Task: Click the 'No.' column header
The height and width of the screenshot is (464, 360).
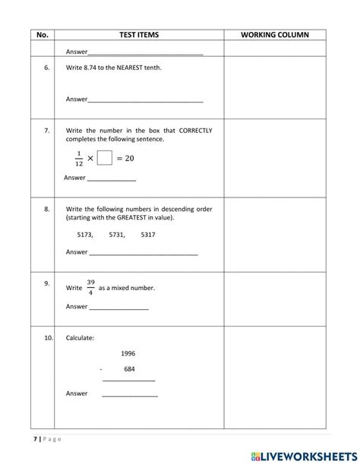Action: point(43,35)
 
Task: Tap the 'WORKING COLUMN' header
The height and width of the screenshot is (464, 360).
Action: point(274,35)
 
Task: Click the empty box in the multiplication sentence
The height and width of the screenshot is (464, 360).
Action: point(105,158)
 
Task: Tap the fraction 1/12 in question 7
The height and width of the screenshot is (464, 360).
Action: point(79,158)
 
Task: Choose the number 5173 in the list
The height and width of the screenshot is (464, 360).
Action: point(85,235)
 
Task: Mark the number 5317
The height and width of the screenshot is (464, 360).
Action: point(148,235)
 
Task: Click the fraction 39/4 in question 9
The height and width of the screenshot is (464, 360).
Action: point(91,287)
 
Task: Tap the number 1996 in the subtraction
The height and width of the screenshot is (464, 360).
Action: point(128,353)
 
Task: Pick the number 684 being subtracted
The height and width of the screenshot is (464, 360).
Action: point(129,369)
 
